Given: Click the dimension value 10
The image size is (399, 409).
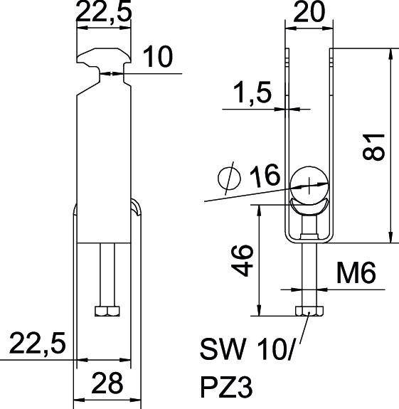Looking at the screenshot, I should pyautogui.click(x=157, y=58).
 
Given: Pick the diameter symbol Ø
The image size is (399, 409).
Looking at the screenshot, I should pyautogui.click(x=230, y=179).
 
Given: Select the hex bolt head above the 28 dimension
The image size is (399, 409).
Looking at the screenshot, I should pyautogui.click(x=107, y=311).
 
